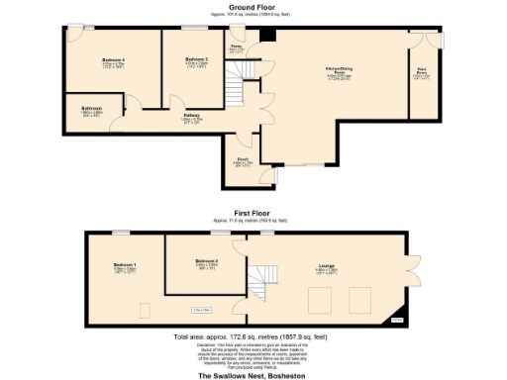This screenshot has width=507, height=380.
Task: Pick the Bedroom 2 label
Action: coord(206,263)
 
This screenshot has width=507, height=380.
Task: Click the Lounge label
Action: coord(326,265)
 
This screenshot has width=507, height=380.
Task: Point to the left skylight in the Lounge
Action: coord(319,300)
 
